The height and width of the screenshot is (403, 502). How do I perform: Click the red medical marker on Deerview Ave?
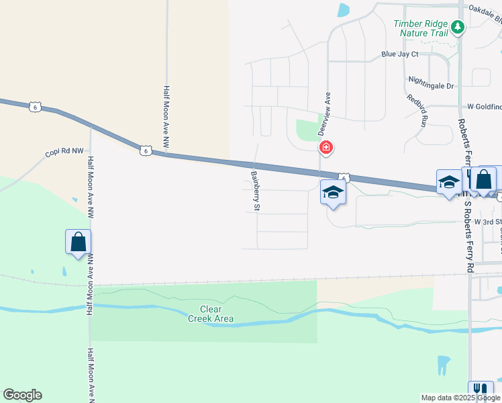[x=325, y=148]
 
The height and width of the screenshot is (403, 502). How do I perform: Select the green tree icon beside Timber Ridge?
[x=458, y=27]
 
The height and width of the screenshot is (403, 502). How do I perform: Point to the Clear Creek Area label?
[x=210, y=314]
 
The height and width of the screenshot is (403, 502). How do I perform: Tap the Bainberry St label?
[x=255, y=191]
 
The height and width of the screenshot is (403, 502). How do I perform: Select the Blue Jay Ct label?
[x=399, y=54]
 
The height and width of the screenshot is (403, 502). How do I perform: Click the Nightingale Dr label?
[x=431, y=86]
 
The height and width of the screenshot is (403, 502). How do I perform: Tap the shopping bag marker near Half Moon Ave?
[x=78, y=241]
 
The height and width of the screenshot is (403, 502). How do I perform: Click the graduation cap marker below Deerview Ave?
[x=332, y=193]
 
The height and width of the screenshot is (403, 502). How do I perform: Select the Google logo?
[x=22, y=395]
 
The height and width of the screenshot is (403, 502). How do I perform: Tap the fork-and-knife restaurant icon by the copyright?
[x=481, y=390]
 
